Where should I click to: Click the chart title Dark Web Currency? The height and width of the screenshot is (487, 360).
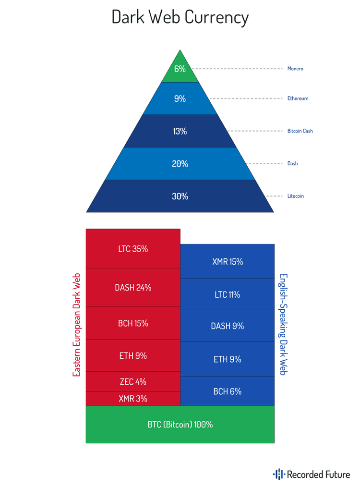180,18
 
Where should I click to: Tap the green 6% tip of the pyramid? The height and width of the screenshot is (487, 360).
180,70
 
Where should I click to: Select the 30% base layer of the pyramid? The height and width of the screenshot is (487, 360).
180,196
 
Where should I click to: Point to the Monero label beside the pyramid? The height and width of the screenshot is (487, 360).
295,69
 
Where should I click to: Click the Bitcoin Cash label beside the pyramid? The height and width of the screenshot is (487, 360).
300,131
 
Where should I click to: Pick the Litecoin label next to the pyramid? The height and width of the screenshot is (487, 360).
296,196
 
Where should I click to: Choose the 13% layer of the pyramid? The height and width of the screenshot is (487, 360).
180,131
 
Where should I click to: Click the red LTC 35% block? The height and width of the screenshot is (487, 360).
133,249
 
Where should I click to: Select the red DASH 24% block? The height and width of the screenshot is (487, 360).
133,287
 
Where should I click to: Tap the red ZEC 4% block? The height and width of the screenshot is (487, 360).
133,382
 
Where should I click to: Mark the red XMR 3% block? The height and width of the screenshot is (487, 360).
133,398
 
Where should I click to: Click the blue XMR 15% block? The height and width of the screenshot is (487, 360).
228,262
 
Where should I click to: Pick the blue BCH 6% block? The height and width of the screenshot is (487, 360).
228,391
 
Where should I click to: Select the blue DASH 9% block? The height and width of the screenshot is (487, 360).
228,326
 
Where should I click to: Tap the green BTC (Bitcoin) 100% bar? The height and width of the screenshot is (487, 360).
180,425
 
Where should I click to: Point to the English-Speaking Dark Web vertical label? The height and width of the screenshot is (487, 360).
283,324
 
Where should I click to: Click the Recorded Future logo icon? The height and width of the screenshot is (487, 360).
278,475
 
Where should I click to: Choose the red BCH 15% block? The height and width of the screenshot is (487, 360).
133,323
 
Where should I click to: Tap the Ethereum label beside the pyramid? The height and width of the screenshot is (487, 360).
298,98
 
